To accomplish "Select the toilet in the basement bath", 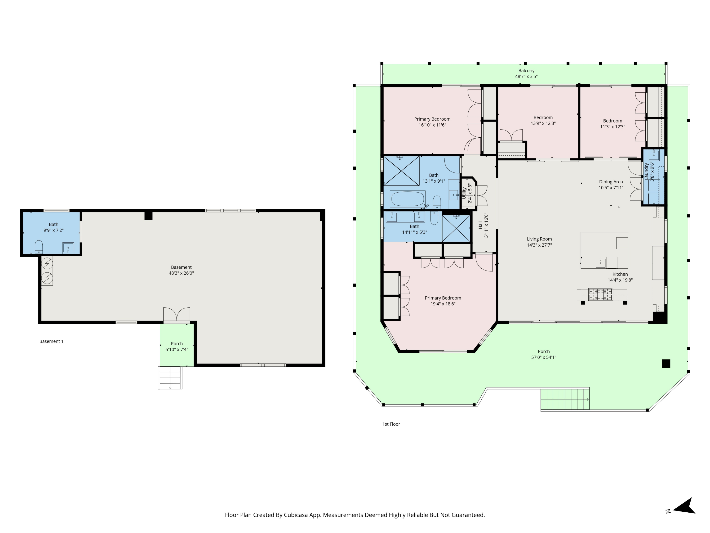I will [x=39, y=246].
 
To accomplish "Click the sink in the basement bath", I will [x=68, y=248].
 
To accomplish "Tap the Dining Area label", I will [x=611, y=182].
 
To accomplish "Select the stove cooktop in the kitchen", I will [x=600, y=294].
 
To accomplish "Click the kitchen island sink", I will [x=600, y=263].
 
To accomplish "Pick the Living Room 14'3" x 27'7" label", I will [x=539, y=242].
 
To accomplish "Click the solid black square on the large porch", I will [x=666, y=363].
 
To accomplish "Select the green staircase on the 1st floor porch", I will [x=565, y=399].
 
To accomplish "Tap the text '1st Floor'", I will [x=391, y=424].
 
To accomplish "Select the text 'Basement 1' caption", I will [x=51, y=341].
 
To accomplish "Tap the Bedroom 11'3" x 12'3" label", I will [x=612, y=124].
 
